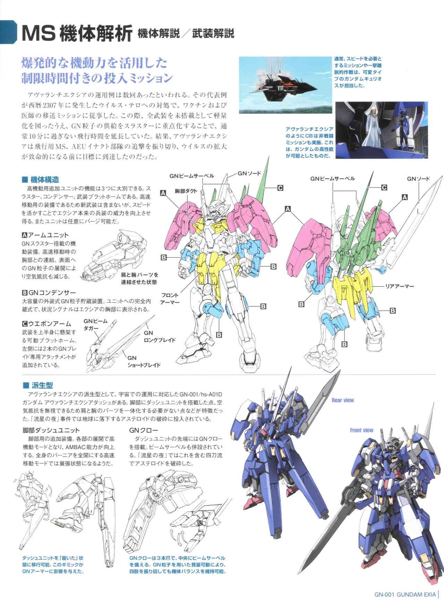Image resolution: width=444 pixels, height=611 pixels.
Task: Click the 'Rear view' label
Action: tap(343, 400)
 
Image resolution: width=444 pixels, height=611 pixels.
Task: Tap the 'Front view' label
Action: tap(361, 430)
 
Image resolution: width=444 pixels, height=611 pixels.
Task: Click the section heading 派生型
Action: tap(41, 385)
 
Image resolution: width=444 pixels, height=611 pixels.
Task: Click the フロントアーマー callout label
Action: tap(170, 299)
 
